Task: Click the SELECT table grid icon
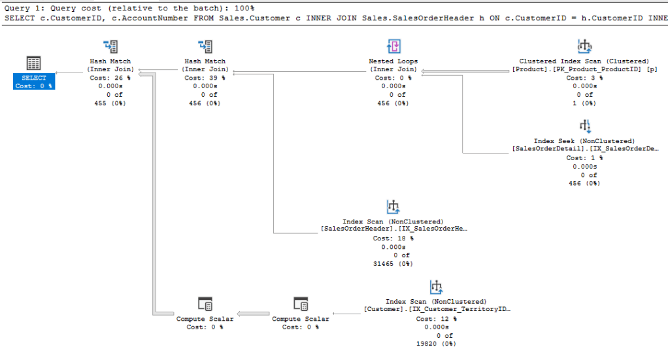34,63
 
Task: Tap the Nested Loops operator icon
393,46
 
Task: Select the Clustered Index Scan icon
584,46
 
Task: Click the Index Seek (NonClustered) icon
584,126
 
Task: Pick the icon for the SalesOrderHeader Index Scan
393,207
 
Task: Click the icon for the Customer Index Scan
436,287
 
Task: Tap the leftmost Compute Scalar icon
205,304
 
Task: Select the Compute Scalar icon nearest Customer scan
301,304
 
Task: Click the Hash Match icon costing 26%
110,46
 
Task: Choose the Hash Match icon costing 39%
205,46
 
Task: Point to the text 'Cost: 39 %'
205,78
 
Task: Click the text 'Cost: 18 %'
393,238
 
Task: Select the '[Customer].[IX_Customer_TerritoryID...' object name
437,310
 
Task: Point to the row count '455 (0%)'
110,103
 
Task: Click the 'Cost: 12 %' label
436,318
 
